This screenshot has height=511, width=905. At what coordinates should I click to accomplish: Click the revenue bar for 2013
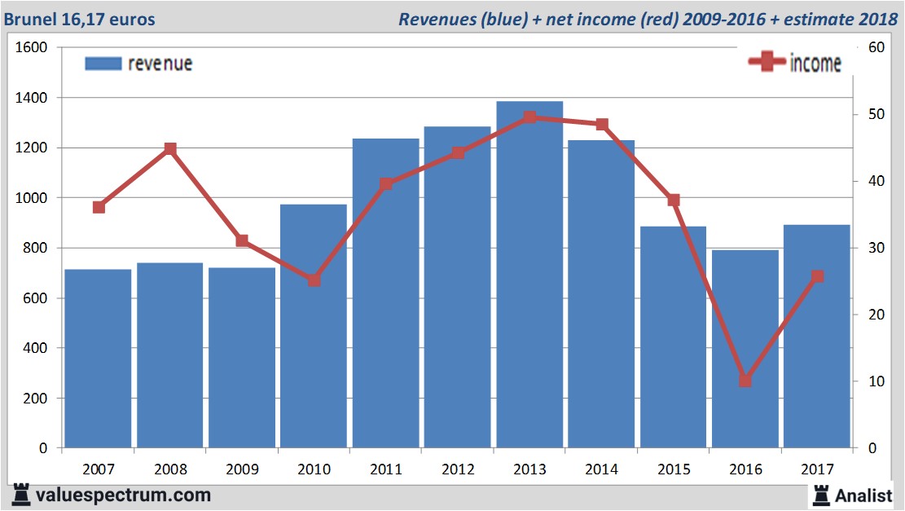coord(529,277)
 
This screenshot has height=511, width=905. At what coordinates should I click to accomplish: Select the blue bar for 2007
coord(98,359)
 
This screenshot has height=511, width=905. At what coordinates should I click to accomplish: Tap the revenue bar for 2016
coord(745,350)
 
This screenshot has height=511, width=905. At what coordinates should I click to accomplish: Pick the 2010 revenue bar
coord(314,326)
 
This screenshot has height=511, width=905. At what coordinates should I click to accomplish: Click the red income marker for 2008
coord(170,149)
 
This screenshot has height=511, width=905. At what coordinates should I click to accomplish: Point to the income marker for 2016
coord(745,381)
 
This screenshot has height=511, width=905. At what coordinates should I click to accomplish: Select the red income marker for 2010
coord(314,280)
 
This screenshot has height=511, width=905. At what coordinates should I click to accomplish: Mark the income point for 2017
coord(817,276)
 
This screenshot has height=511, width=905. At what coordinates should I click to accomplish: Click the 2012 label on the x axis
coord(457,469)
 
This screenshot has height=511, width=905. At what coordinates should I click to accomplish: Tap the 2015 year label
coord(673,469)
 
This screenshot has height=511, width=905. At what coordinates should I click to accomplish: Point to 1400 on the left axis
coord(33,98)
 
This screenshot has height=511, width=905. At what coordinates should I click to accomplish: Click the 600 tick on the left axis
coord(37,298)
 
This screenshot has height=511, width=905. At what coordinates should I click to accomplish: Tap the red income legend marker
coord(767,63)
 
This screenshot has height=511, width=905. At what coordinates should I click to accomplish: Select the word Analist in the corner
coord(863,494)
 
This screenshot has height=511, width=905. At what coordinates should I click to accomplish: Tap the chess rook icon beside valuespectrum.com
coord(22,494)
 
